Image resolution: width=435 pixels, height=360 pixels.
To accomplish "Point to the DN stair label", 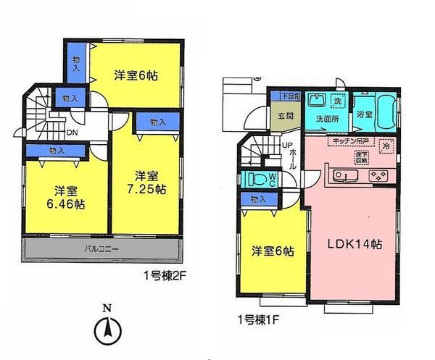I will coord(72,133).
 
